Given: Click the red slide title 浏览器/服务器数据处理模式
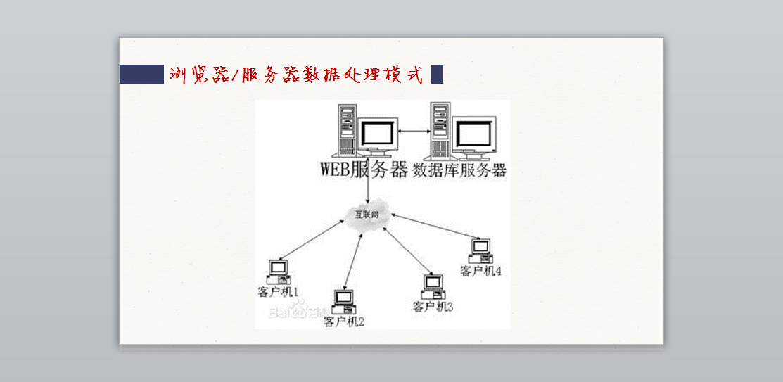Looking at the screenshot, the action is coord(296,75).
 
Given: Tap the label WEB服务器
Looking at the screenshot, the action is coord(364,170).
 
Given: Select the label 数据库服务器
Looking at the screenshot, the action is coord(459,170).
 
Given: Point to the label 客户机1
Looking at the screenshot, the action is coord(279,291).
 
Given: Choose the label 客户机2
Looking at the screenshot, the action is coord(344,322).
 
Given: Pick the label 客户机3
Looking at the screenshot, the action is coord(433,307).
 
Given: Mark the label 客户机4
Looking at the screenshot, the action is coord(480,271).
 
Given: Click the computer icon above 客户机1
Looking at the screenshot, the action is coord(279,272).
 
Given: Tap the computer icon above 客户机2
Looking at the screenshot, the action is coord(343,301).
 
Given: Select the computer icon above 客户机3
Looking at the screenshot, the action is coord(432,286).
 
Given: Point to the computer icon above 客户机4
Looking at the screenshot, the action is coord(480,250).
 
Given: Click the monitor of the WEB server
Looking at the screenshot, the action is coord(376,135).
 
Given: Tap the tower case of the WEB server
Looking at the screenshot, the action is coord(347,131).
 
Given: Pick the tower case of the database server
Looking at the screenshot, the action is coord(441,131).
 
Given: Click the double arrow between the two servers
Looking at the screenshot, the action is coord(414,132).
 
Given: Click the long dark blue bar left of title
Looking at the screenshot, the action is coord(141,74).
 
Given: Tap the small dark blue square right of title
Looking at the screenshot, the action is coord(437,74).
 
